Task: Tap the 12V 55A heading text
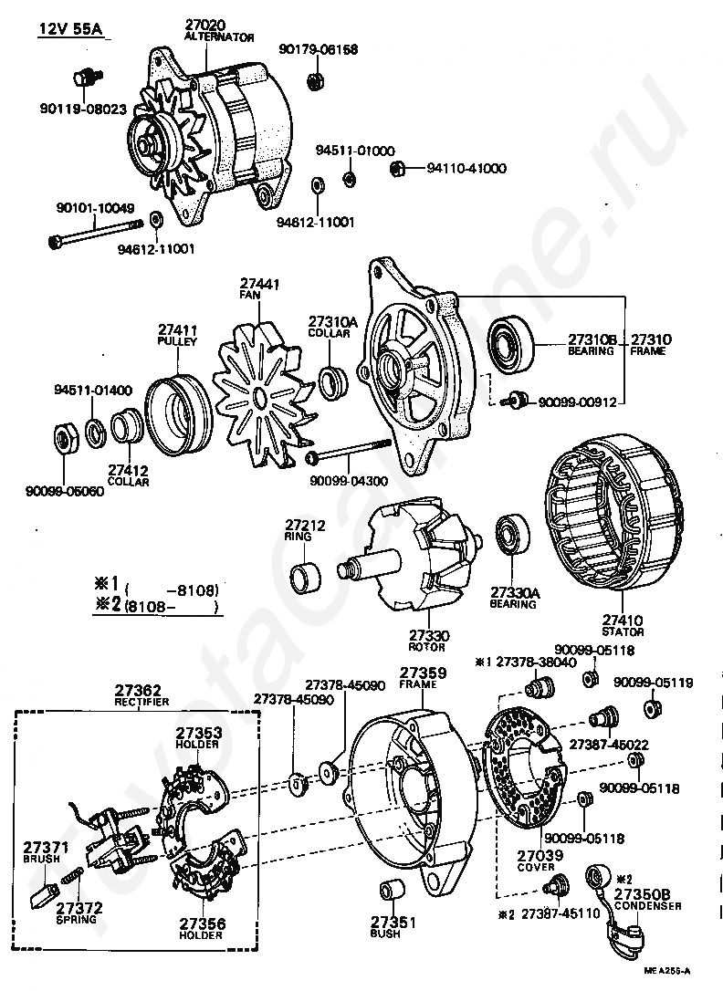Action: (70, 30)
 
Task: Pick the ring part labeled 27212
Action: (305, 576)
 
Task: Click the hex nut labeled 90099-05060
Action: (64, 437)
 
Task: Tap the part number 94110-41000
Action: (466, 169)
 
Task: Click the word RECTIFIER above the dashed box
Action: (141, 702)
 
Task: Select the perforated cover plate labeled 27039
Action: (525, 769)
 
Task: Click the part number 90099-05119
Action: (653, 683)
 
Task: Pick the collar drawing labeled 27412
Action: (127, 427)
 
